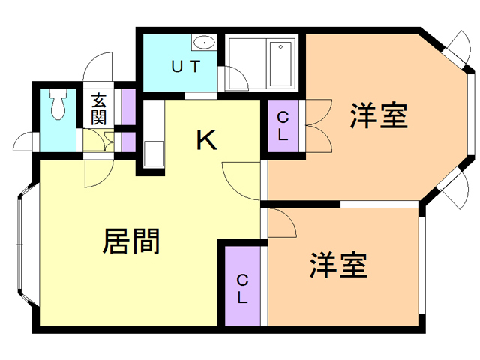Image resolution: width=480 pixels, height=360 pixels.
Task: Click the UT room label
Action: click(185, 66)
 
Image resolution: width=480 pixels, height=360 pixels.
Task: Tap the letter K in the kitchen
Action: click(206, 139)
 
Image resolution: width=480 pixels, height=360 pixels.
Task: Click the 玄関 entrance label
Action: click(99, 108)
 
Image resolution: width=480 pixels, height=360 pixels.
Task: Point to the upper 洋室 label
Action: click(379, 116)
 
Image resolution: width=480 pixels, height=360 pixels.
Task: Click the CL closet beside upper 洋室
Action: click(283, 126)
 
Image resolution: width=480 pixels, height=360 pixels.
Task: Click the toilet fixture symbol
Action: click(58, 104)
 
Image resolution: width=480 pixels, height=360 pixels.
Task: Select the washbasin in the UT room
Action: click(202, 42)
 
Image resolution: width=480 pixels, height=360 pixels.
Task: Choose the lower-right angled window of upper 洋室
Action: click(453, 188)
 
